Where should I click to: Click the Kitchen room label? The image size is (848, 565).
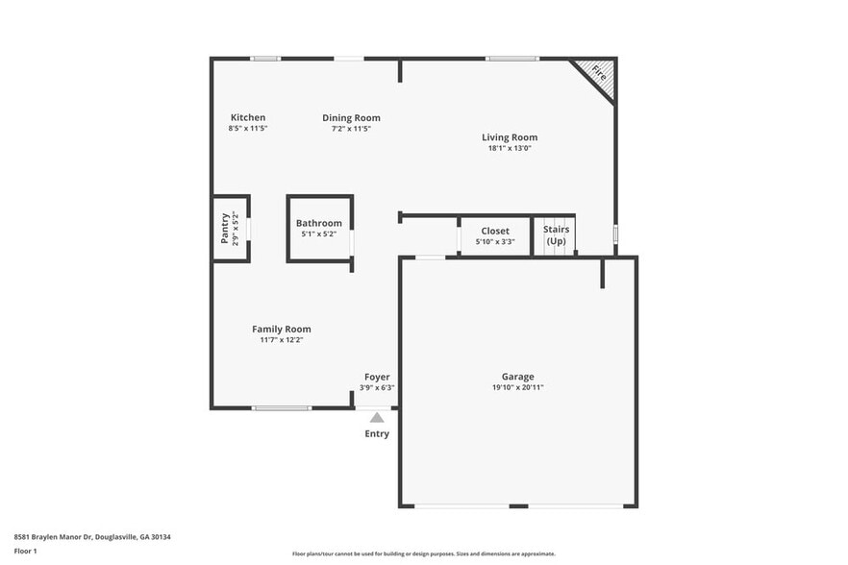247,117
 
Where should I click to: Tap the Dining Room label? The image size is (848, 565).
351,117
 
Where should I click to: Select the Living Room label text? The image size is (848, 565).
510,137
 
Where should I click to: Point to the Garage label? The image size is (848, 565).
517,377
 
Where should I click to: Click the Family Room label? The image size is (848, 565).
282,329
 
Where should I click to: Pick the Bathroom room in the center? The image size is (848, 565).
319,228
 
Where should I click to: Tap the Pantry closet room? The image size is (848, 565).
230,228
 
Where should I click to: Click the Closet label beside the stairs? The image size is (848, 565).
495,231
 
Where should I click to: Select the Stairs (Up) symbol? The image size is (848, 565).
556,235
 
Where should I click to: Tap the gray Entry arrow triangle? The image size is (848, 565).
377,417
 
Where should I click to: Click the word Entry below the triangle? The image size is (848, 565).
377,434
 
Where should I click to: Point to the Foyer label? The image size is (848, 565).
377,377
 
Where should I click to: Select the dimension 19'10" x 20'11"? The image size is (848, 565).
517,387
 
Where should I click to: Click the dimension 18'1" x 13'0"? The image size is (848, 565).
510,148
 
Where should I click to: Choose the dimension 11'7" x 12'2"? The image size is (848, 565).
282,339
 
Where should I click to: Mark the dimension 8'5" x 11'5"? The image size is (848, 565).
247,128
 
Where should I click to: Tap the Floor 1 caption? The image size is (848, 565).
25,551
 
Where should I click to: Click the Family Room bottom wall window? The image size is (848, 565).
282,408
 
